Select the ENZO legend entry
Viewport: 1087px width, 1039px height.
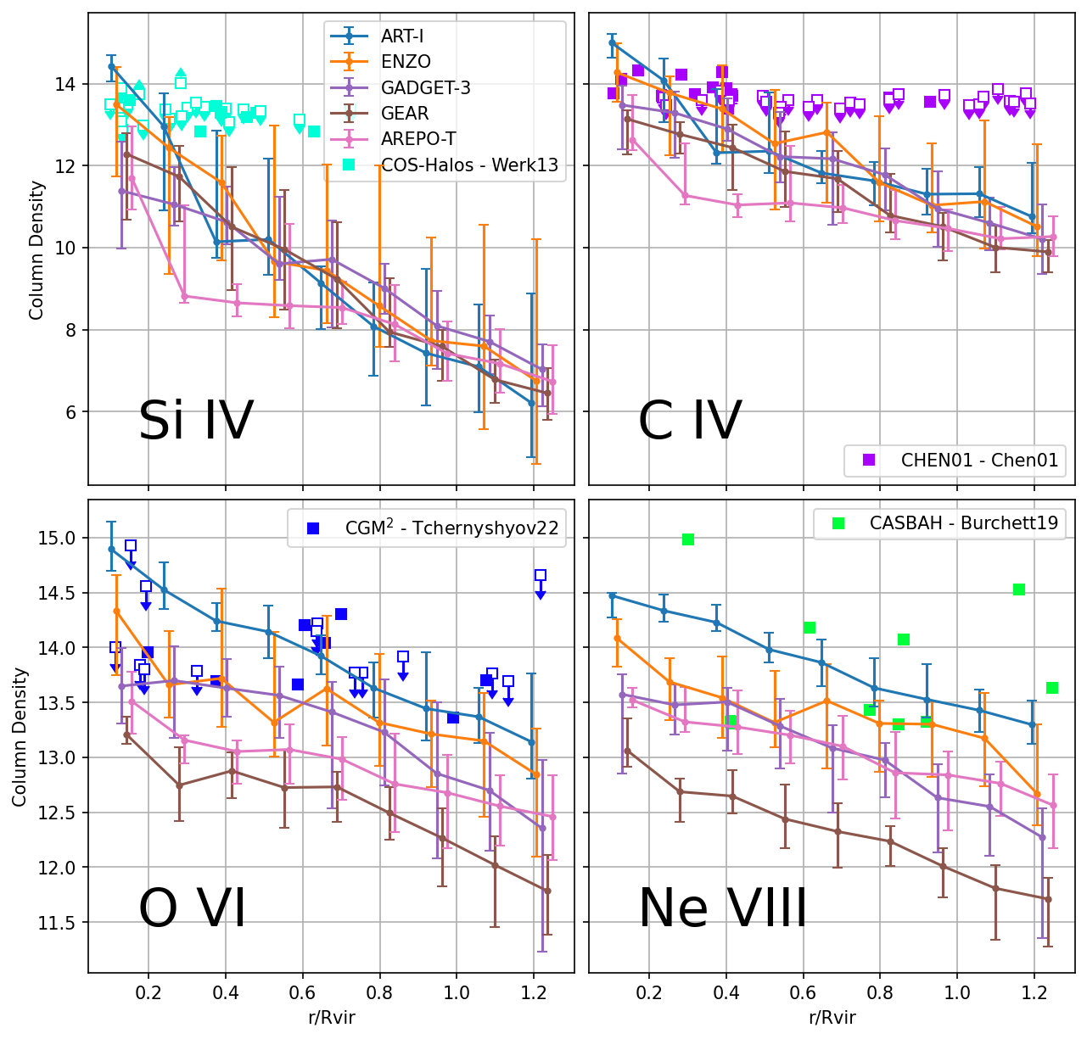[x=406, y=62]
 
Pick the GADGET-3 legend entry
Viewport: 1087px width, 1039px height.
[x=425, y=87]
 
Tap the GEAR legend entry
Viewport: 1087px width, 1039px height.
[x=405, y=114]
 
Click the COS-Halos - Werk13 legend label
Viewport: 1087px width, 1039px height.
[x=469, y=165]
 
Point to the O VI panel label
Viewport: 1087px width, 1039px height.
[x=192, y=908]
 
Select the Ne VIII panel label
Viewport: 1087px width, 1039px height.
[x=723, y=908]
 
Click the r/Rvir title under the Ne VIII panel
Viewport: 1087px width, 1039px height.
[x=832, y=1018]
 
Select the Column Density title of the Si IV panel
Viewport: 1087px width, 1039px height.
[x=36, y=249]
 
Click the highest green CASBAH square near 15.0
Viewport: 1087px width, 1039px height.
[x=688, y=539]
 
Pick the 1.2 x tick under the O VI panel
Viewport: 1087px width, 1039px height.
[x=533, y=991]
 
